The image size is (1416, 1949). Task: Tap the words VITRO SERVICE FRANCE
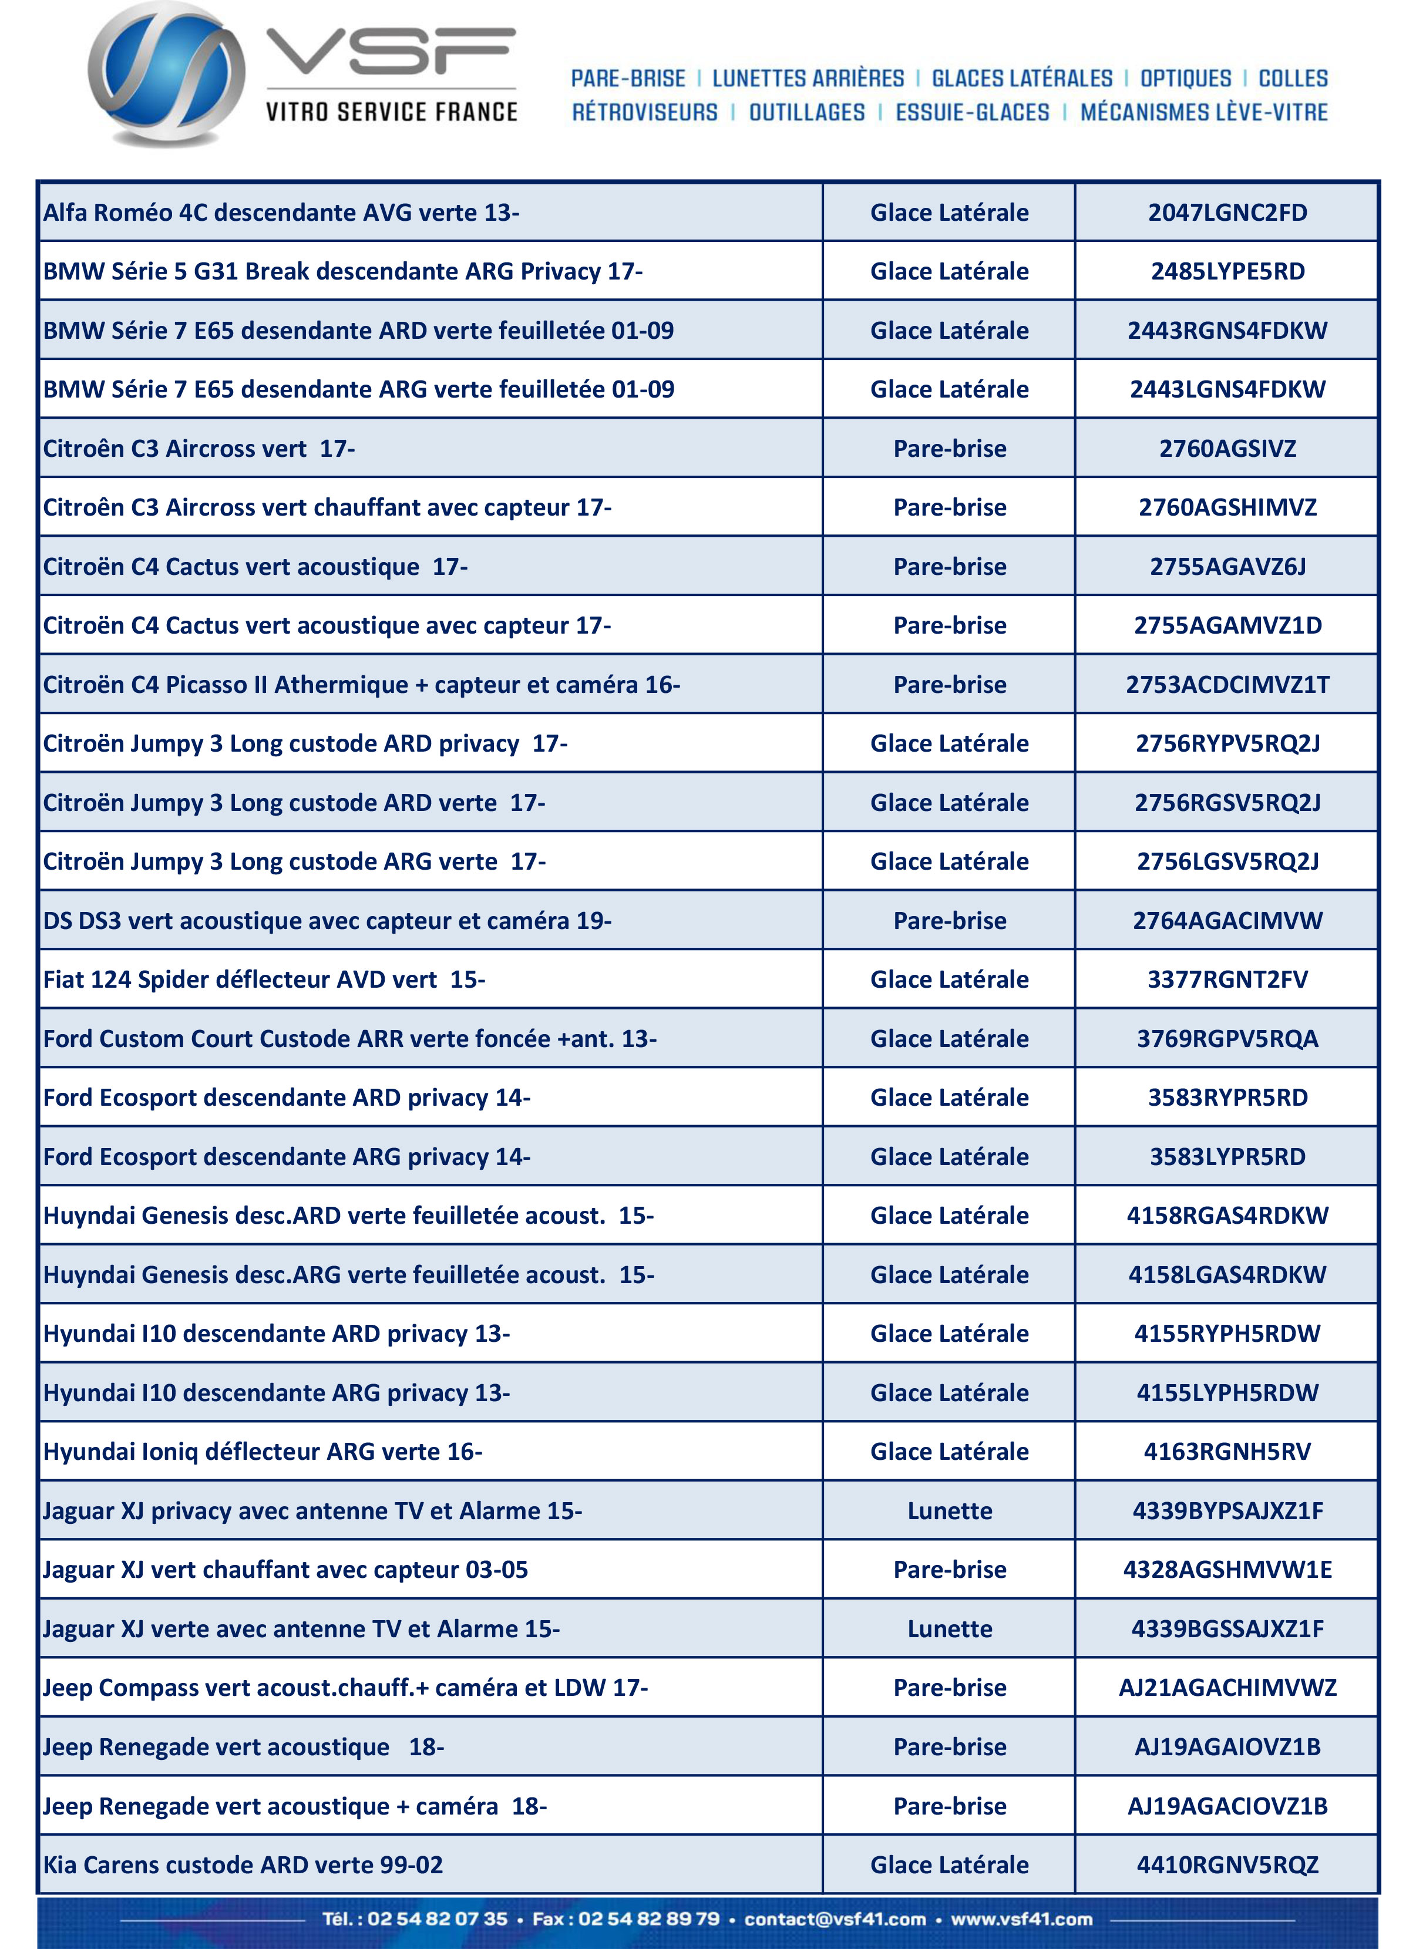[391, 112]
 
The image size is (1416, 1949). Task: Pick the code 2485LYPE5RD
[1227, 271]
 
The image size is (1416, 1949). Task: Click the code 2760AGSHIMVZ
[1227, 507]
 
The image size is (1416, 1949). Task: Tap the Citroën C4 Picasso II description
[361, 685]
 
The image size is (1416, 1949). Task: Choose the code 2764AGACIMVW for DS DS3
[1227, 920]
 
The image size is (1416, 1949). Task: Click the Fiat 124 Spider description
[264, 979]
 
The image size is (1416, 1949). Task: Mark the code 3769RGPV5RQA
[1227, 1039]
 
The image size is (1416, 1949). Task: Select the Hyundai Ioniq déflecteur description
[262, 1452]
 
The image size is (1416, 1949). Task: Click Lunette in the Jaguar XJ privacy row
[950, 1511]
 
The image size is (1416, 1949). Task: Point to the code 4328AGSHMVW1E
[1227, 1570]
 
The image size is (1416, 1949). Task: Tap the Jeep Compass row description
[345, 1688]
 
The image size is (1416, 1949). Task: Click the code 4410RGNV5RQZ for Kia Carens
[1227, 1865]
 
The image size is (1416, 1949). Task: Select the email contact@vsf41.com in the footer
[835, 1919]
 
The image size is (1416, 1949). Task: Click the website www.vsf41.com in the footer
[1021, 1919]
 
